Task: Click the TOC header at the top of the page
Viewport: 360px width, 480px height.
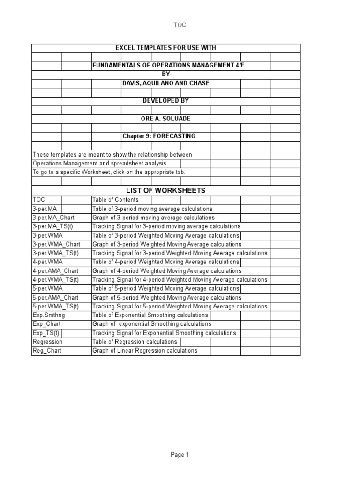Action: pyautogui.click(x=180, y=25)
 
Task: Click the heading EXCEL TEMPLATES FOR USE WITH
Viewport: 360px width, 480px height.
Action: pyautogui.click(x=166, y=48)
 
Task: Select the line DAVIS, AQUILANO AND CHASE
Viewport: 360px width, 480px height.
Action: pyautogui.click(x=165, y=83)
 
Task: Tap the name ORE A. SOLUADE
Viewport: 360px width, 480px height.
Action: pyautogui.click(x=166, y=119)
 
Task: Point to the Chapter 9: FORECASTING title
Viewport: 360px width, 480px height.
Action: pyautogui.click(x=159, y=136)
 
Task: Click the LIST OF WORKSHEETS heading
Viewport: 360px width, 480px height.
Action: pyautogui.click(x=165, y=190)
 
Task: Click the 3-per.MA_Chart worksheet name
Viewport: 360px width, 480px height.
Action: pyautogui.click(x=53, y=217)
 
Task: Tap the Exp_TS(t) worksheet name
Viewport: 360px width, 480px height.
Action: pyautogui.click(x=46, y=333)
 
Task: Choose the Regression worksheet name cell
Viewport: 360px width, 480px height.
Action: pyautogui.click(x=47, y=342)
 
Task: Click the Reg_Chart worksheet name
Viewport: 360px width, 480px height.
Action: pyautogui.click(x=47, y=351)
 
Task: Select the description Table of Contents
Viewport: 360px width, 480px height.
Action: pyautogui.click(x=115, y=200)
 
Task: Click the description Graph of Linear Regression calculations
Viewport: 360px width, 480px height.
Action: pyautogui.click(x=145, y=351)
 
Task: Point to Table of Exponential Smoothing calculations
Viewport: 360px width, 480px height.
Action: pyautogui.click(x=150, y=315)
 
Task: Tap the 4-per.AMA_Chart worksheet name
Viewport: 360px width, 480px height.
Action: pyautogui.click(x=55, y=271)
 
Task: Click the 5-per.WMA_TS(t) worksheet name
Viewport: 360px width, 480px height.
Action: pyautogui.click(x=56, y=306)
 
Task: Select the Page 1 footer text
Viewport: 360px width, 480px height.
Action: pyautogui.click(x=180, y=455)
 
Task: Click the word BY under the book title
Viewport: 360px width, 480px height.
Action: pyautogui.click(x=165, y=74)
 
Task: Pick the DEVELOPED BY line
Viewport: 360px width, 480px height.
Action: pyautogui.click(x=165, y=101)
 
